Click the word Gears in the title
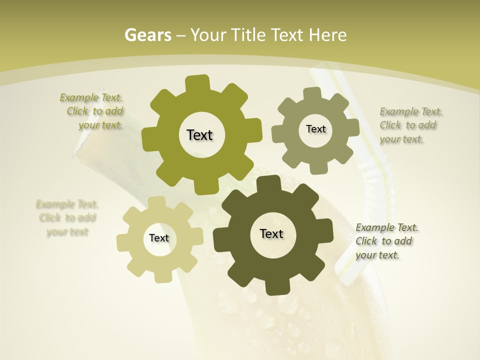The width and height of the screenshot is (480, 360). [148, 35]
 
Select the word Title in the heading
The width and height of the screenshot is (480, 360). [248, 35]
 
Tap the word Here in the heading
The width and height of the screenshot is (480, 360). [327, 35]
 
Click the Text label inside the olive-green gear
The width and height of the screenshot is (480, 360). [199, 135]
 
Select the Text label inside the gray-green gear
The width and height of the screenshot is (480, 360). [315, 129]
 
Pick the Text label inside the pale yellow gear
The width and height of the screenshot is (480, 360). [159, 238]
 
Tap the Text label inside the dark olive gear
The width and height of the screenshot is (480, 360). [271, 233]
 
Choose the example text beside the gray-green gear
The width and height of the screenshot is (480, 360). [410, 125]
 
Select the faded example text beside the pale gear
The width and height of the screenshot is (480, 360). [67, 218]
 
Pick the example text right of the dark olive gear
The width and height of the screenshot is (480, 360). [386, 241]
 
